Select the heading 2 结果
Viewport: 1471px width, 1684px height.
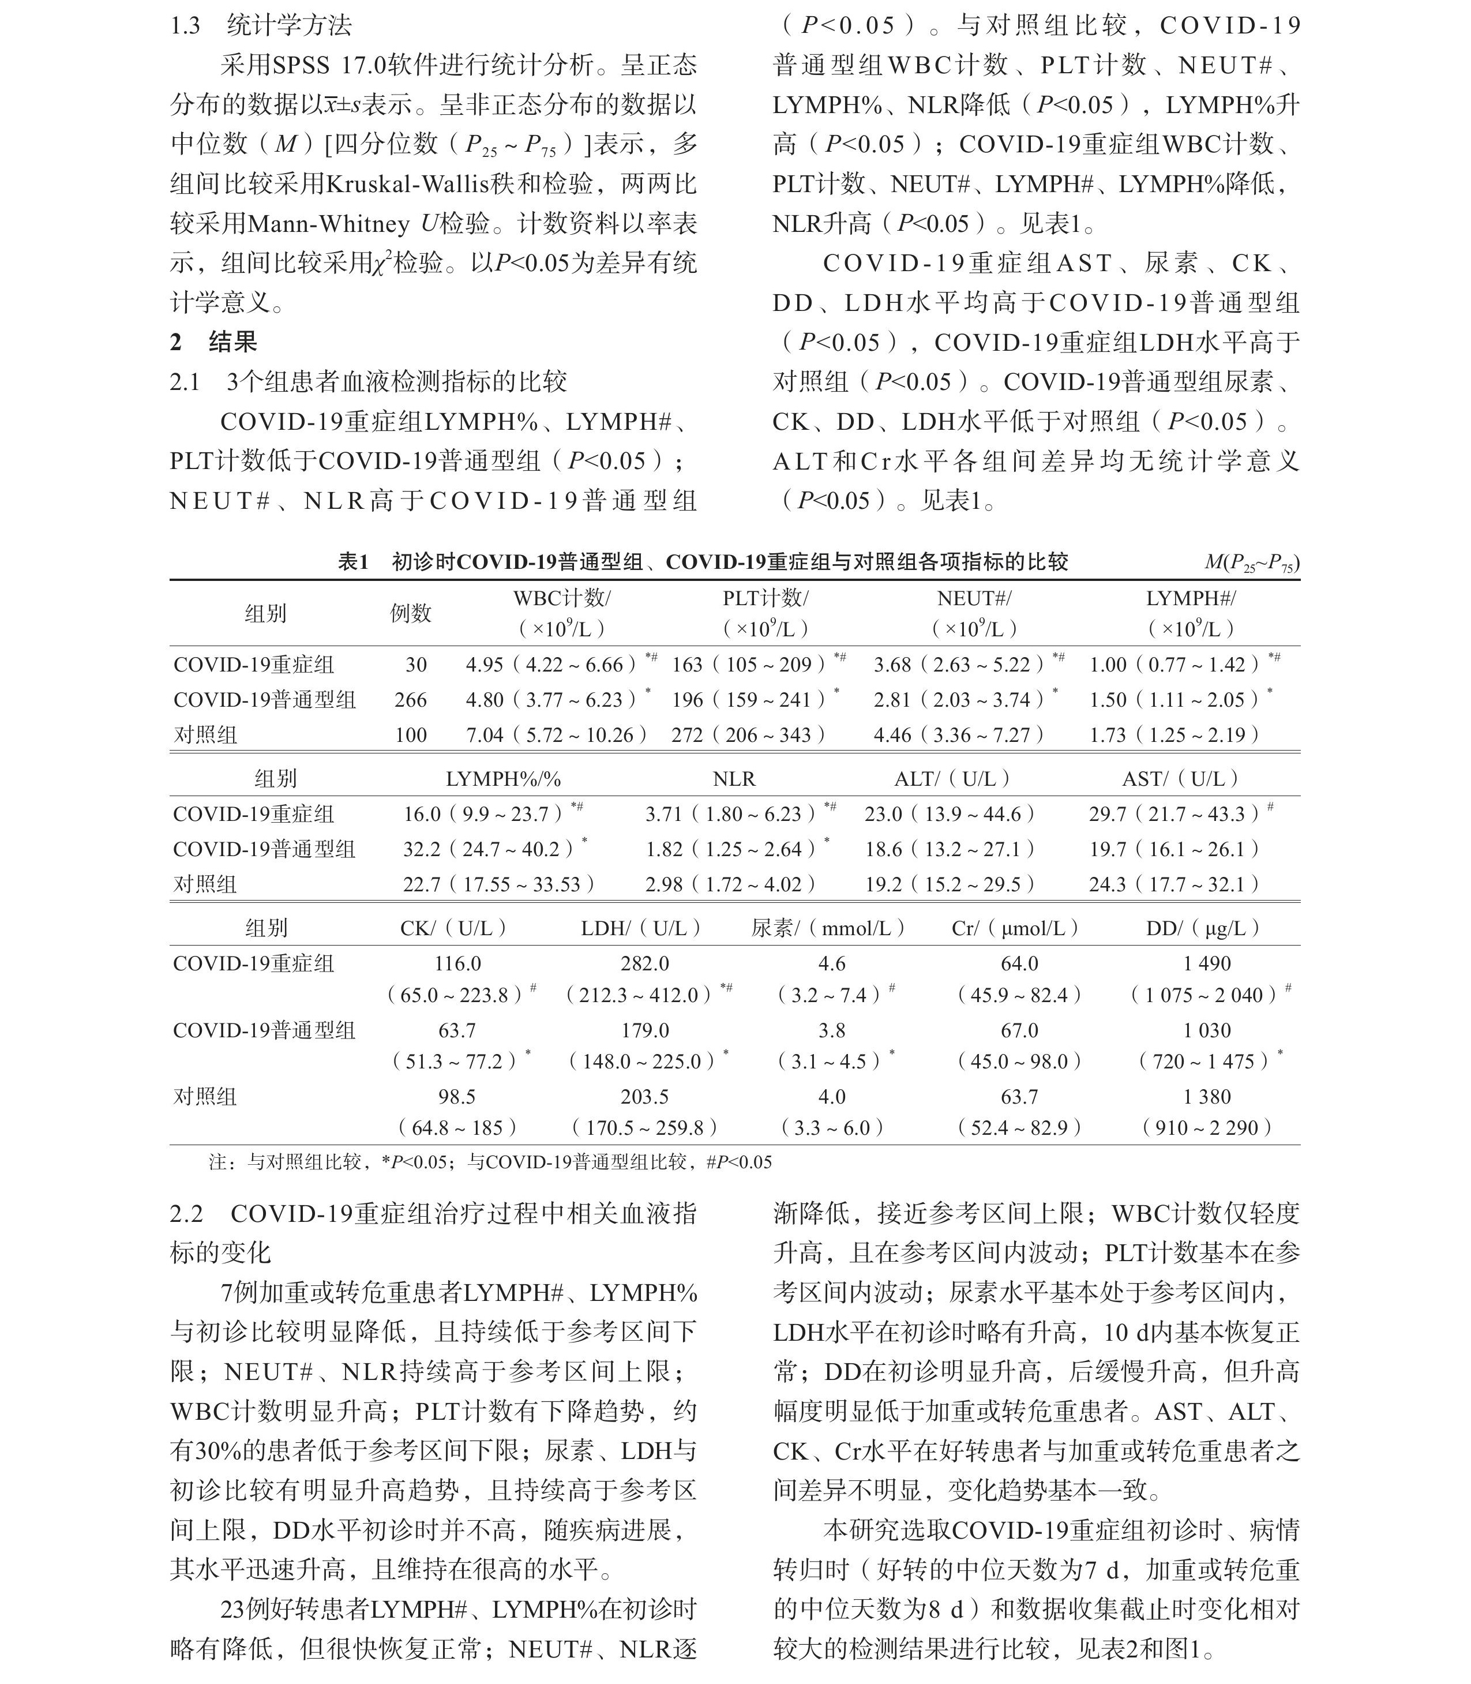point(213,342)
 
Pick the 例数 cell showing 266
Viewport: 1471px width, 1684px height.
point(410,700)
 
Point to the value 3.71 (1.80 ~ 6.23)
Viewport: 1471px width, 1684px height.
point(730,813)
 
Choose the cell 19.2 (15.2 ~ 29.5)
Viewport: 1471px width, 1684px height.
point(950,884)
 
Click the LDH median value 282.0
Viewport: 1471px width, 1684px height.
point(644,963)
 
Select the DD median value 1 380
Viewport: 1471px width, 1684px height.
point(1207,1097)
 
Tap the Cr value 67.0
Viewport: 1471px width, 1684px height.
point(1019,1030)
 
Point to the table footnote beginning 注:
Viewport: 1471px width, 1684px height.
point(490,1162)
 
